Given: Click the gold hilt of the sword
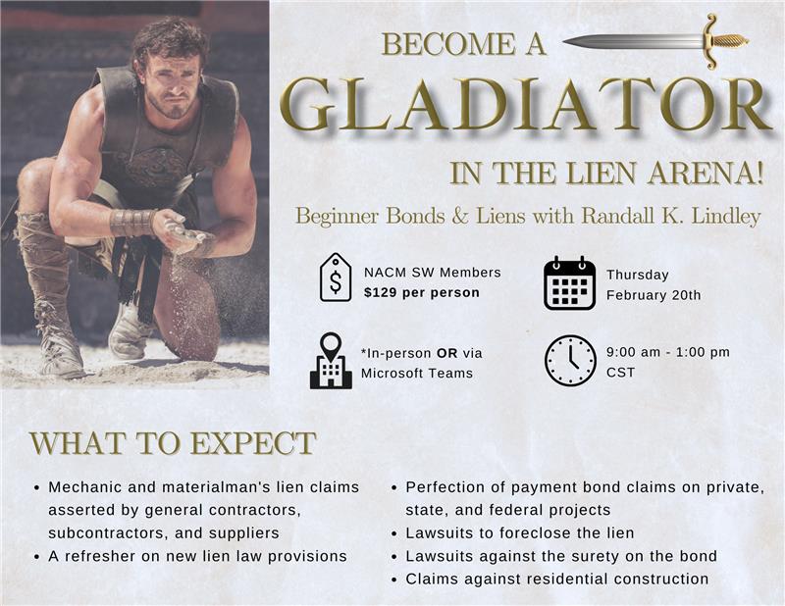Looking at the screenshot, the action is point(724,40).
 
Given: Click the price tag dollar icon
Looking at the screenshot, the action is point(336,278).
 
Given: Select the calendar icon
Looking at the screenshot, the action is point(570,283).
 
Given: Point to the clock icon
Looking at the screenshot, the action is point(570,360).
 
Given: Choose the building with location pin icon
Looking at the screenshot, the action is point(331,361).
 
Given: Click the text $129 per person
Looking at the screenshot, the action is point(422,293).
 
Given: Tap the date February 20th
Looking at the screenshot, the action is point(654,295).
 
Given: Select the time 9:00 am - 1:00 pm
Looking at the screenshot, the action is point(668,352).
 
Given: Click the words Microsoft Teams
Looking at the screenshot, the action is point(417,374).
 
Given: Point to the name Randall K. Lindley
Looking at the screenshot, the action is point(671,216).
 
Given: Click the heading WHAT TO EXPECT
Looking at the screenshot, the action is point(173,443).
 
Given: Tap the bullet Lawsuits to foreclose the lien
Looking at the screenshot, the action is point(520,532).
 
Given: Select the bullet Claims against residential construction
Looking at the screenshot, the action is point(556,579).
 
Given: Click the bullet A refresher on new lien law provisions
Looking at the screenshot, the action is point(197,556).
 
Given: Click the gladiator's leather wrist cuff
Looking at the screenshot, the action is point(132,223).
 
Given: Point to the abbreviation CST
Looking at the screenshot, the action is point(620,373).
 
